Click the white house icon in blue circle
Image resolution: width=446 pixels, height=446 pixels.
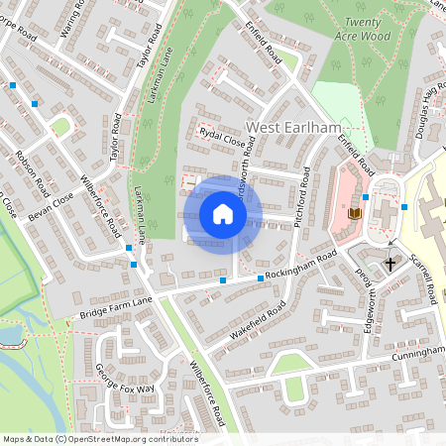point(223,214)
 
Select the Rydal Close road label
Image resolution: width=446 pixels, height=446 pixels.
point(221,140)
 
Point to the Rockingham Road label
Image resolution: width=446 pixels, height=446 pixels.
point(301,266)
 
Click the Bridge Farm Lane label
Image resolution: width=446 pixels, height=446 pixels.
point(117,306)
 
